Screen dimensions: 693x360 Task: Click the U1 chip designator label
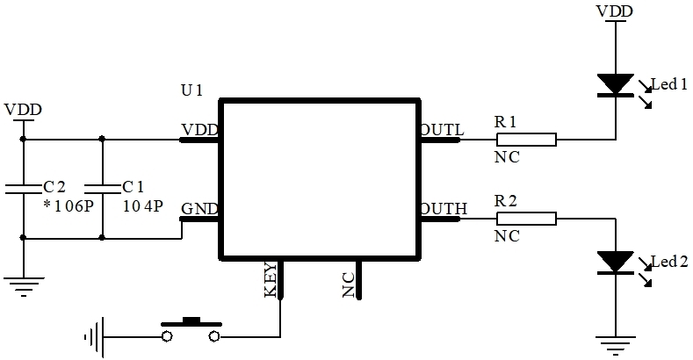pos(191,90)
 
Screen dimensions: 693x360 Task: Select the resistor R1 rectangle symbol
pos(526,140)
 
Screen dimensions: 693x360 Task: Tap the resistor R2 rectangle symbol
pos(526,219)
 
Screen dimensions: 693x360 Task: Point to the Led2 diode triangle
pos(616,263)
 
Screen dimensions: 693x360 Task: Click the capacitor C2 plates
pos(23,189)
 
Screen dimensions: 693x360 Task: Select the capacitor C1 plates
pos(102,189)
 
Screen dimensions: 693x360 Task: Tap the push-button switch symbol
pos(191,330)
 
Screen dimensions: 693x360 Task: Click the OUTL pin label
pos(442,130)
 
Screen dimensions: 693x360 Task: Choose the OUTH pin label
pos(444,208)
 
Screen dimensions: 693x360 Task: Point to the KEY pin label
pos(271,279)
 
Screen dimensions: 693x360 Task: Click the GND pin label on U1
pos(199,208)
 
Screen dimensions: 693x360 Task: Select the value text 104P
pos(143,206)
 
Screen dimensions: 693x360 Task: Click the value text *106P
pos(69,206)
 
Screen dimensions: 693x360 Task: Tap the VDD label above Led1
pos(615,11)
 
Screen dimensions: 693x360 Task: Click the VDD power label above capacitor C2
pos(23,110)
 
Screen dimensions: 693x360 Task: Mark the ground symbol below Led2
pos(616,345)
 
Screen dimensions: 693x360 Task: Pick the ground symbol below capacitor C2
pos(24,286)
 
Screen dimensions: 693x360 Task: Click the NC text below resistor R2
pos(507,236)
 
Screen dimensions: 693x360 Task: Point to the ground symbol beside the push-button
pos(94,337)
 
